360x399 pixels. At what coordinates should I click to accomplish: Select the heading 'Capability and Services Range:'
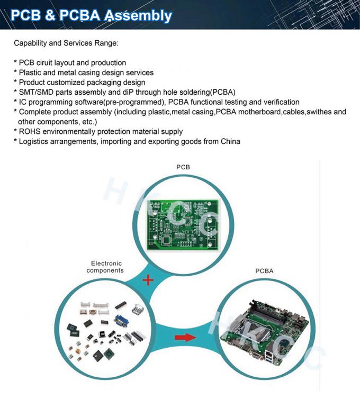[x=66, y=43]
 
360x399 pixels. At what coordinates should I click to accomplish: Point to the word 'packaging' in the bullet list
[x=106, y=83]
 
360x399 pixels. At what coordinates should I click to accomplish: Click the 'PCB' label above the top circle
[x=183, y=167]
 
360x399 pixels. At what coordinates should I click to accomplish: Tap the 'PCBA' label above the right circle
[x=264, y=271]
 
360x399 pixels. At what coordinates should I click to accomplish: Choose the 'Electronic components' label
[x=105, y=267]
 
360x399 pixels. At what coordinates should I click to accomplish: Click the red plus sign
[x=148, y=279]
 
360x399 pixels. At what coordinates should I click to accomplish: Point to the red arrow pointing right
[x=185, y=337]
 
